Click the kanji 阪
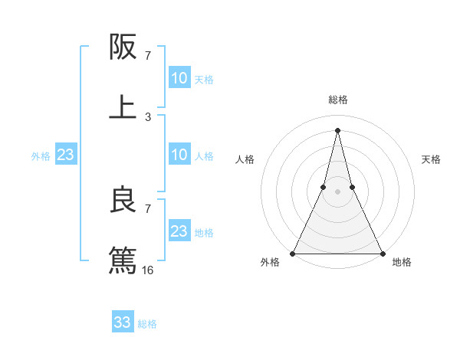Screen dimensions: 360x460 [x=123, y=47]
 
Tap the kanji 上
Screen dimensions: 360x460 [x=123, y=106]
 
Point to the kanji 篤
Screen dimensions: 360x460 [x=123, y=259]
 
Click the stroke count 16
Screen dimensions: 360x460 [x=148, y=270]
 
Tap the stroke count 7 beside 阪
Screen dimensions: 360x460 [x=148, y=56]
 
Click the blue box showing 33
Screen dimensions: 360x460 [x=123, y=322]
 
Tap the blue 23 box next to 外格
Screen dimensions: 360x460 [x=66, y=155]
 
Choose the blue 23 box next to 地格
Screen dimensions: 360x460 [x=179, y=231]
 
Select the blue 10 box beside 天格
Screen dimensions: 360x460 [x=179, y=78]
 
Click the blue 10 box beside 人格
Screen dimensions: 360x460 [x=179, y=155]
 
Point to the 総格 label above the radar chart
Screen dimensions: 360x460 [x=338, y=100]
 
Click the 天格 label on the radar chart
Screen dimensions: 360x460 [x=432, y=159]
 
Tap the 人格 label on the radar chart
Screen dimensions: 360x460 [x=245, y=159]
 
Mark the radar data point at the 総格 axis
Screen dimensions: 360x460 [x=338, y=129]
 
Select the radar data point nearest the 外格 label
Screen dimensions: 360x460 [x=294, y=253]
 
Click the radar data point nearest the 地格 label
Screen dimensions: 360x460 [x=382, y=253]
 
